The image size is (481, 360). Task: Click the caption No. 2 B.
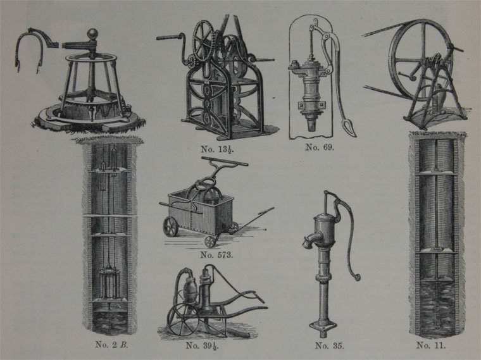click(x=111, y=345)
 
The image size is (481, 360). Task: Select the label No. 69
click(x=320, y=147)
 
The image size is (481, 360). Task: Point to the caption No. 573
click(x=216, y=255)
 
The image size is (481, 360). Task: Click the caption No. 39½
click(x=202, y=345)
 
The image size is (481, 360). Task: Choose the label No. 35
click(x=330, y=346)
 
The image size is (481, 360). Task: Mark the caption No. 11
click(x=431, y=345)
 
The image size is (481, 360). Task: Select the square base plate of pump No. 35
click(x=323, y=327)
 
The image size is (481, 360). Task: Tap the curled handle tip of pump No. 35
click(x=356, y=277)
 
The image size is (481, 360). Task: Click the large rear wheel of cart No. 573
click(x=171, y=227)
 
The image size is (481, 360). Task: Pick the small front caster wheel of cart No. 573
click(x=210, y=242)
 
